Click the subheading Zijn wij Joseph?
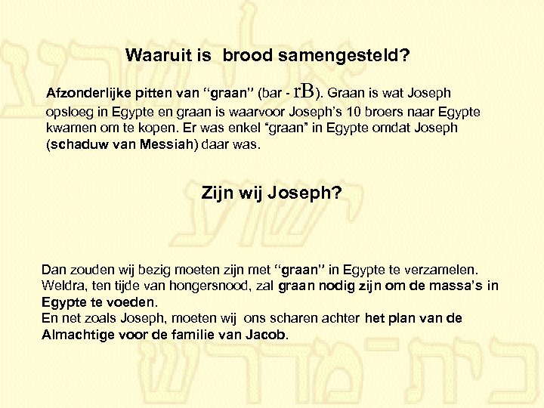[271, 193]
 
